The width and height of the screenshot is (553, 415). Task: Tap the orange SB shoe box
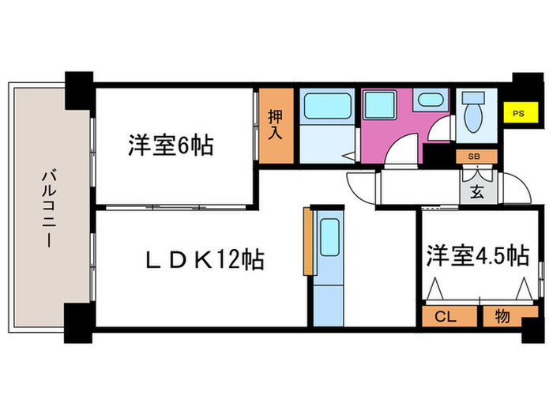point(476,156)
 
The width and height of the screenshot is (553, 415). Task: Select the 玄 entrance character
point(478,190)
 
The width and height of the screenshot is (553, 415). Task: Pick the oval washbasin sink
point(430,101)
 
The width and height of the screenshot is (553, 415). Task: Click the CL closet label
point(446,316)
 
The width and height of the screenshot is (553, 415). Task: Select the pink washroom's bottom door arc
point(401,150)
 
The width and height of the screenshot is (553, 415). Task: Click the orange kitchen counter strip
point(305,242)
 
